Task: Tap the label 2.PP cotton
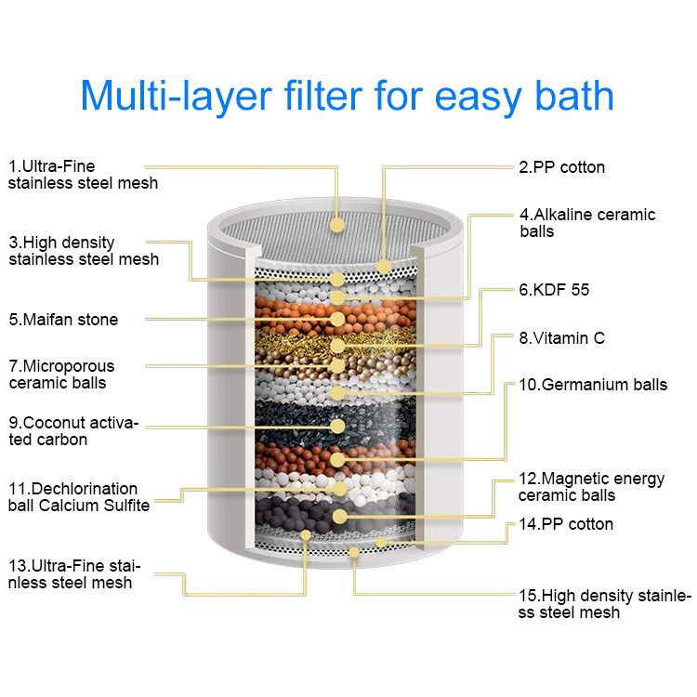[561, 167]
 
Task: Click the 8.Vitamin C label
[561, 338]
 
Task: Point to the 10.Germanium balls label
[592, 385]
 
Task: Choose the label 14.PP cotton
[566, 524]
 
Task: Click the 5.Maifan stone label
[63, 320]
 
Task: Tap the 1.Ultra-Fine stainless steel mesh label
[83, 175]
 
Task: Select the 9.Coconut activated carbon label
[73, 431]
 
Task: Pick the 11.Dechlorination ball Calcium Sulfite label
[79, 496]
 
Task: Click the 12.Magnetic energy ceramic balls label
[592, 487]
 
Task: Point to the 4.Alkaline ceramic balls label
[587, 222]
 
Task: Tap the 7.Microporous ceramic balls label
[61, 375]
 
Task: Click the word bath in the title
[572, 96]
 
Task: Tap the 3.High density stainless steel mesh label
[84, 251]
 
